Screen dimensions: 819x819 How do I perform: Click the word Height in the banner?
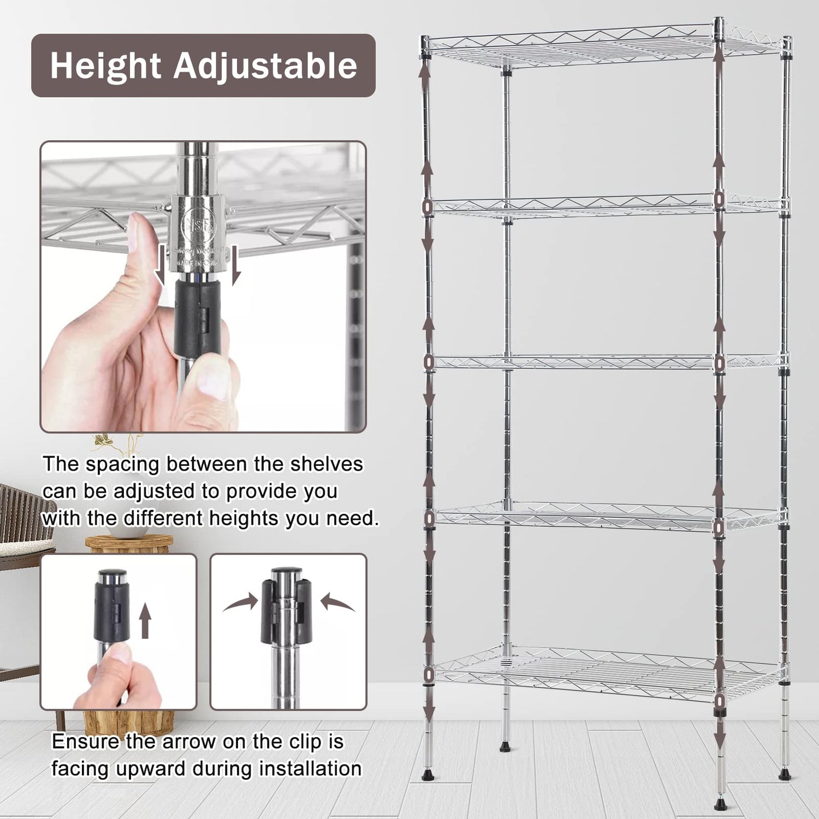click(106, 66)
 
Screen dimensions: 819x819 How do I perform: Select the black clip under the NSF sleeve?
click(197, 317)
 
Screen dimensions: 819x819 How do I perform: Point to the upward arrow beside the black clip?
click(145, 622)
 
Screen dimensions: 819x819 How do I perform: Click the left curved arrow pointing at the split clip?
click(241, 603)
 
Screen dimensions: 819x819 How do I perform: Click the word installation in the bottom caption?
click(310, 768)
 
